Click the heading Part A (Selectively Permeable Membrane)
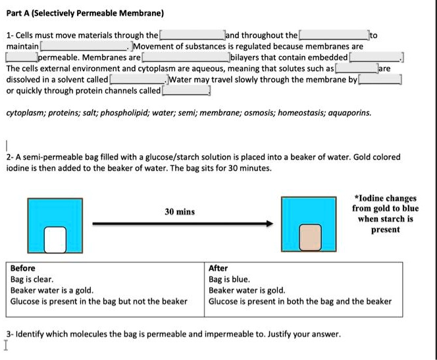[x=85, y=13]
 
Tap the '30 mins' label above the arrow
[x=179, y=211]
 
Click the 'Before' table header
[x=23, y=269]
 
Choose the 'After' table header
[x=218, y=269]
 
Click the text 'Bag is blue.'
[x=228, y=280]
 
